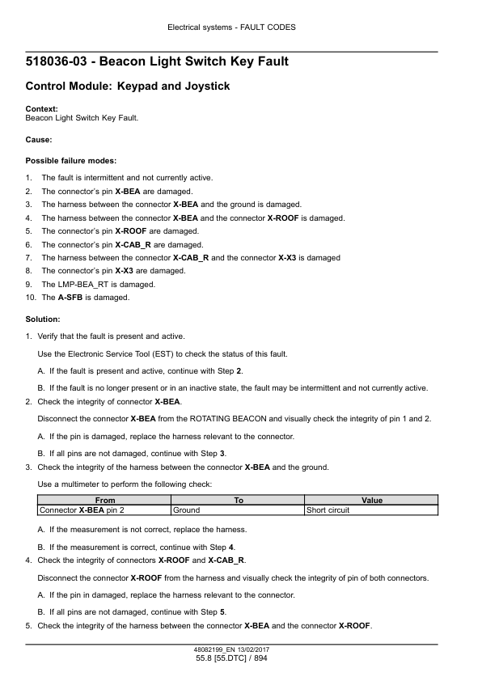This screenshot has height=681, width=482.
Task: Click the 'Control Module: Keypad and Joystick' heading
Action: [x=128, y=86]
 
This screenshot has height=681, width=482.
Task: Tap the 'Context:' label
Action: [x=41, y=109]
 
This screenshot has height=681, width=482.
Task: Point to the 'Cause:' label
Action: [x=39, y=139]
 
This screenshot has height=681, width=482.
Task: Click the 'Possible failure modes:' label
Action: [x=71, y=161]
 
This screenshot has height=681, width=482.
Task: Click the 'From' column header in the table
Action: [x=105, y=501]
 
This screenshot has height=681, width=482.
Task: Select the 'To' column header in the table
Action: [x=239, y=501]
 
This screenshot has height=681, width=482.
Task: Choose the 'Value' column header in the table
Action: [x=372, y=501]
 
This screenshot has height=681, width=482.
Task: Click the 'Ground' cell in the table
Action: [x=187, y=510]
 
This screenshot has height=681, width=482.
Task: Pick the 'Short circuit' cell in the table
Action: [x=328, y=510]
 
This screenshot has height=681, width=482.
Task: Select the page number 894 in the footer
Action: [x=259, y=660]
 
